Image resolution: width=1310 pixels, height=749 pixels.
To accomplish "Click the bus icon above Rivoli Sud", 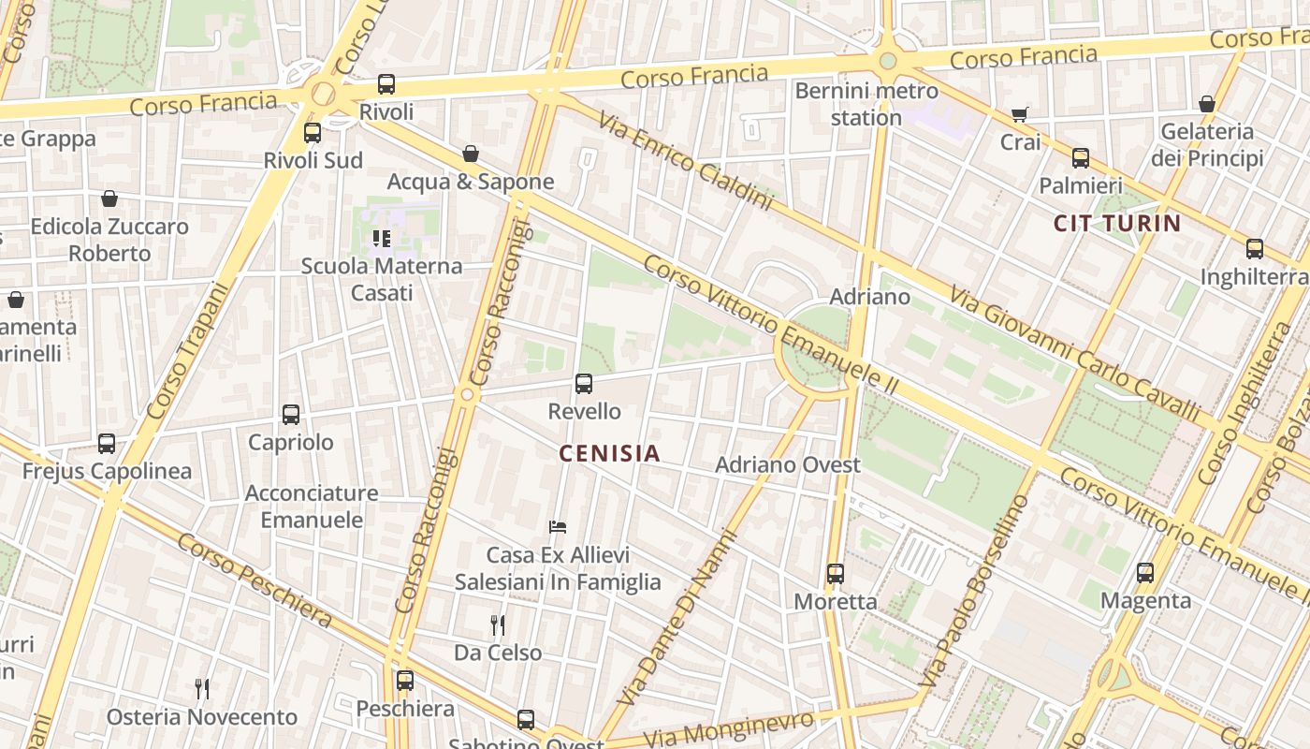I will pos(313,133).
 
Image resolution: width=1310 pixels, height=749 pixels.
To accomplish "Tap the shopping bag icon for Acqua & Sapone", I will pos(471,154).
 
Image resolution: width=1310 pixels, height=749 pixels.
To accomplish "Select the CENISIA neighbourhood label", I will pos(609,454).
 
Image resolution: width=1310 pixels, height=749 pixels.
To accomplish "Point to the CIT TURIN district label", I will pos(1117,223).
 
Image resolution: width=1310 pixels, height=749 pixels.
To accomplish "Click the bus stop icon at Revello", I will pos(584,383).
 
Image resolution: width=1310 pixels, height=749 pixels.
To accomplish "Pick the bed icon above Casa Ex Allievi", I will pos(558,527).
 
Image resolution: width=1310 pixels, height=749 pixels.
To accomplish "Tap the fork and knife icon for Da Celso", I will pos(498,624).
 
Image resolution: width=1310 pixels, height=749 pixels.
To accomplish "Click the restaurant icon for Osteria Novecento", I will pos(202,689).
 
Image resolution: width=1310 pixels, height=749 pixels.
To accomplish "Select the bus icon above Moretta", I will pos(836,574).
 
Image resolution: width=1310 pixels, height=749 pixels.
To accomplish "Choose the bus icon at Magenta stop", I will pos(1145,573).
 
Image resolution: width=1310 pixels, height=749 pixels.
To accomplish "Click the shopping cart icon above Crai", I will pos(1019,115).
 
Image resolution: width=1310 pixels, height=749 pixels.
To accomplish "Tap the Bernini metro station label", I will pos(866,104).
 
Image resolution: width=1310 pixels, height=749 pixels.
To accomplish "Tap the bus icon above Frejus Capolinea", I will pos(107,444).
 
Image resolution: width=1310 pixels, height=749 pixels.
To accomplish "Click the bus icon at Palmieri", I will pos(1081,158).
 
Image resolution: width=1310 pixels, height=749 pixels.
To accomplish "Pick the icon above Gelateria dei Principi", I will pos(1207,104).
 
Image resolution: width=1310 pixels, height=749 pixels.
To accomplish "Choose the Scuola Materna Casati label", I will pos(382,279).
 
